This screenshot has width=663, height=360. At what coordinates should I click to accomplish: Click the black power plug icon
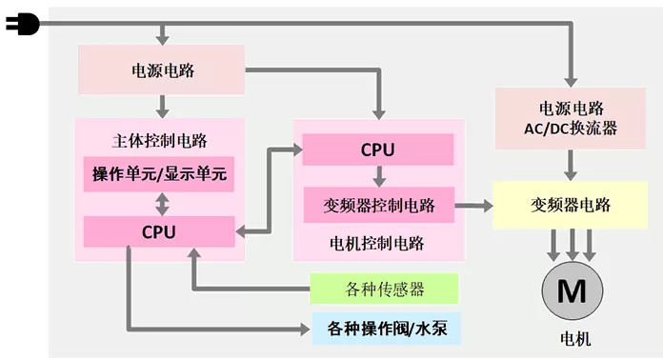tap(23, 25)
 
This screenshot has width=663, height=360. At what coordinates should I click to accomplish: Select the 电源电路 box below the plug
tap(162, 70)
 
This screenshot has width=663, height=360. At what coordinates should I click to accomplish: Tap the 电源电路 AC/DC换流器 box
tap(571, 118)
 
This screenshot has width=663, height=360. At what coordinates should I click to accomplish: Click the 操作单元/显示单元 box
tap(159, 174)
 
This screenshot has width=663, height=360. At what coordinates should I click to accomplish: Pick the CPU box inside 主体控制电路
tap(159, 231)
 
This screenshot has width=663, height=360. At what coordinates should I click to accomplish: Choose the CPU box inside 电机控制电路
tap(378, 150)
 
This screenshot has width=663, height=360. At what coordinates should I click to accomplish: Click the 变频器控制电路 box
tap(379, 205)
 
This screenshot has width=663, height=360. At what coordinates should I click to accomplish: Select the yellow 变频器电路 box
tap(571, 205)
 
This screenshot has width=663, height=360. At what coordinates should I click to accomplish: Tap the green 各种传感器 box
tap(384, 289)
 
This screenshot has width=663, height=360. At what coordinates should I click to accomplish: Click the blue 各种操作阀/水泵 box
tap(387, 329)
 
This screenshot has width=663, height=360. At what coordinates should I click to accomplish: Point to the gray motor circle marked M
tap(573, 290)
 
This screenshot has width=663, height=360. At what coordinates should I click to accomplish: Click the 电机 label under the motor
tap(575, 339)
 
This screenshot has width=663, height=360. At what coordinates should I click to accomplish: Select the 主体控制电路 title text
tap(159, 141)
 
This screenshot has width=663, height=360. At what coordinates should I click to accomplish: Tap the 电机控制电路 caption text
tap(376, 244)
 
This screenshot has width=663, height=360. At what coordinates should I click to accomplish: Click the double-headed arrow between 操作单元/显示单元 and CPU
tap(162, 204)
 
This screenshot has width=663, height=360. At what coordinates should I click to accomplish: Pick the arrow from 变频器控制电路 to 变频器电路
tap(473, 206)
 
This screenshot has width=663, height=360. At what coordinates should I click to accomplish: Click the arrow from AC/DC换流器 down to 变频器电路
tap(571, 165)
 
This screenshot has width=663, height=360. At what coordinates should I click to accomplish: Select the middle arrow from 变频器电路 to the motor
tap(573, 245)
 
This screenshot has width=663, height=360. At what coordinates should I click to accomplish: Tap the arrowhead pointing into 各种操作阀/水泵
tap(305, 329)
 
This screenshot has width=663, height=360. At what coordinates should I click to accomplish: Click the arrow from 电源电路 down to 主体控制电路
tap(162, 107)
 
